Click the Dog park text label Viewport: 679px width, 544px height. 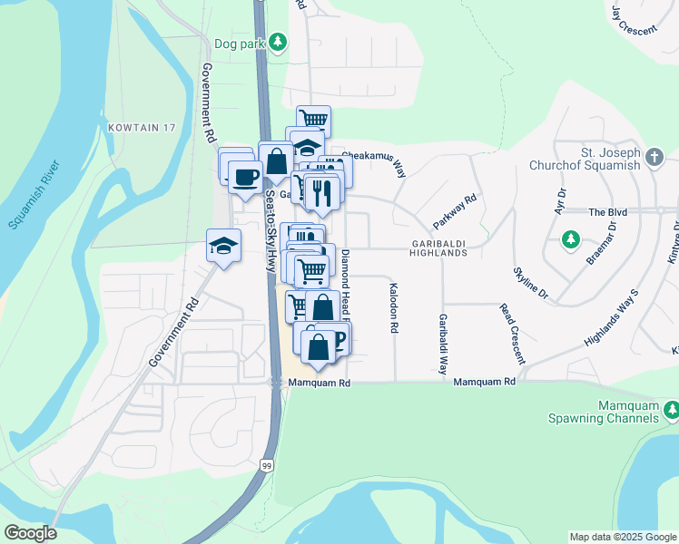(x=238, y=43)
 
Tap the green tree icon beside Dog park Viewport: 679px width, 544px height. (x=279, y=42)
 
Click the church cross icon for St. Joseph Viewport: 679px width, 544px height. (x=654, y=158)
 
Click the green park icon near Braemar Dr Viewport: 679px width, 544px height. (x=570, y=240)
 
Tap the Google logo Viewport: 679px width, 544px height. (x=30, y=533)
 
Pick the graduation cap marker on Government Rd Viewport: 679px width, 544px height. (x=223, y=245)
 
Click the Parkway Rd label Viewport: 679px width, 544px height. (x=455, y=212)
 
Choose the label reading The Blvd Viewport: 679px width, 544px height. (x=608, y=211)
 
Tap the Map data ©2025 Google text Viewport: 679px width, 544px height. (x=623, y=537)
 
